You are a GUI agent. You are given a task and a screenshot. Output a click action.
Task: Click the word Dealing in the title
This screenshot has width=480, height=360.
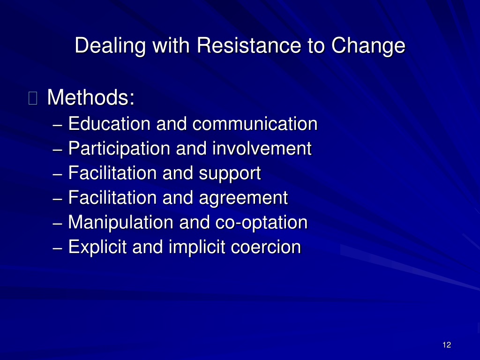[110, 46]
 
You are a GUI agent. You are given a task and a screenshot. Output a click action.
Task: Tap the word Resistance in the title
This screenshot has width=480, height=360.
[249, 45]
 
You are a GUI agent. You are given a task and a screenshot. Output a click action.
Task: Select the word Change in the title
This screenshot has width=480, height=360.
[368, 46]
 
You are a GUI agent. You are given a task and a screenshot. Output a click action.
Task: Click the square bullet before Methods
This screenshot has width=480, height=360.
[33, 98]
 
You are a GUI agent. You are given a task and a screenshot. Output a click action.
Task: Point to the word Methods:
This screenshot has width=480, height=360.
[90, 97]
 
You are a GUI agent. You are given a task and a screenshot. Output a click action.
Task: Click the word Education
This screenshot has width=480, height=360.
[109, 124]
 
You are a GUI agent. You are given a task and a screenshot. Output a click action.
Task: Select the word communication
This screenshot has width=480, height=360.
[255, 124]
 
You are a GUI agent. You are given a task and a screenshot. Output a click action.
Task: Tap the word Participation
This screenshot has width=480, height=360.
[119, 149]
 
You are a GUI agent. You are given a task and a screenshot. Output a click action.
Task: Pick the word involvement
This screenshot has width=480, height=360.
[262, 149]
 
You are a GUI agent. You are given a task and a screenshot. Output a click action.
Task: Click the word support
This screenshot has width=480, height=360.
[230, 174]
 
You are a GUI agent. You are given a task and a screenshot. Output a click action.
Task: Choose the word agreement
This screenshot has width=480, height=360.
[243, 198]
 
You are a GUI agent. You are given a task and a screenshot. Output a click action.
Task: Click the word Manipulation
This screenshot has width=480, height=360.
[120, 223]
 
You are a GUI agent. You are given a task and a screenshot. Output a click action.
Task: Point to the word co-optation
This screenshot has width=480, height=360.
[262, 223]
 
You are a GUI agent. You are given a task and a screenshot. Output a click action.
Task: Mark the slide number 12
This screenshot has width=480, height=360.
[447, 345]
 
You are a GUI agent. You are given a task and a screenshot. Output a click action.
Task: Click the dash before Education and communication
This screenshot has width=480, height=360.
[58, 125]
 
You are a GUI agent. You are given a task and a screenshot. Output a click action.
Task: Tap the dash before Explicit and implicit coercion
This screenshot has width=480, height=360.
[58, 248]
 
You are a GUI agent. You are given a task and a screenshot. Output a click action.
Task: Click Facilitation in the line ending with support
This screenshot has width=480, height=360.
[112, 173]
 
